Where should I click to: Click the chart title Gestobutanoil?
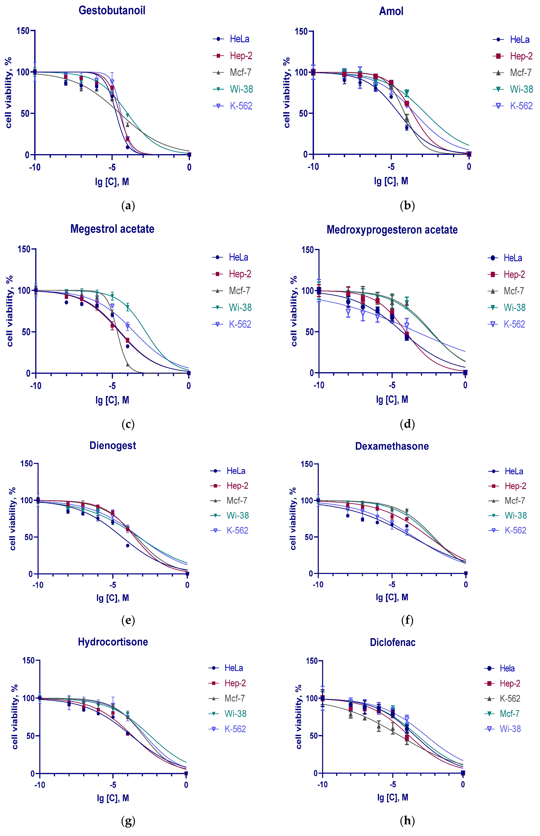(x=112, y=10)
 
